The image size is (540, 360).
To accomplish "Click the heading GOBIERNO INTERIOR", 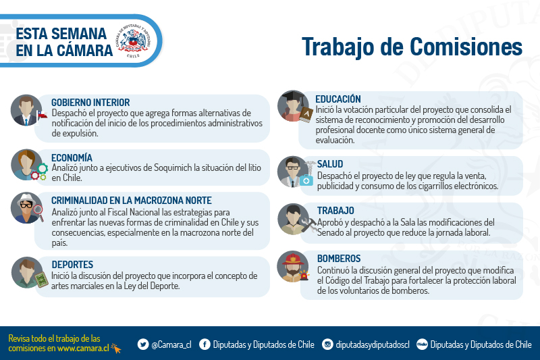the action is (x=90, y=103).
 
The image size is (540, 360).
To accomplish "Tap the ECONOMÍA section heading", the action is (x=72, y=158).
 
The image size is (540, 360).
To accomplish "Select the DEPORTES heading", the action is (x=72, y=265).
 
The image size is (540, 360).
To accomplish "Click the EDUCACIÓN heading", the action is (x=338, y=99).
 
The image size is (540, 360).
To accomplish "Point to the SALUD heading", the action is (x=330, y=164).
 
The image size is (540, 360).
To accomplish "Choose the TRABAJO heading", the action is (x=335, y=211).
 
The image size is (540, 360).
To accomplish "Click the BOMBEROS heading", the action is (x=339, y=259).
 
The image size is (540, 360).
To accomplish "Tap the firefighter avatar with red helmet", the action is (x=293, y=266).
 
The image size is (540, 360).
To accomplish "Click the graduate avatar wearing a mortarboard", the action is (x=294, y=106).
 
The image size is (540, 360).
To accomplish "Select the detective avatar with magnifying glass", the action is (x=27, y=208).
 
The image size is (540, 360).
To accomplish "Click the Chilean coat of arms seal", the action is (x=133, y=41).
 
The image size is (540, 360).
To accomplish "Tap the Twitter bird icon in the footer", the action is (x=143, y=344).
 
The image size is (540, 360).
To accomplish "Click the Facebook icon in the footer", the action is (x=205, y=344).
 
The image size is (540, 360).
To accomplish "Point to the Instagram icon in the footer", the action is (x=327, y=344).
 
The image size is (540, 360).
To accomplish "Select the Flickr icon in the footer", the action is (x=423, y=344).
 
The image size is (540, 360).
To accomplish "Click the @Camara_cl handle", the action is (x=171, y=344).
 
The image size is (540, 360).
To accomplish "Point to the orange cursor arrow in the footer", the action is (x=116, y=349).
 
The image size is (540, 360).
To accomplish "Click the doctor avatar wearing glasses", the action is (x=294, y=172).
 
